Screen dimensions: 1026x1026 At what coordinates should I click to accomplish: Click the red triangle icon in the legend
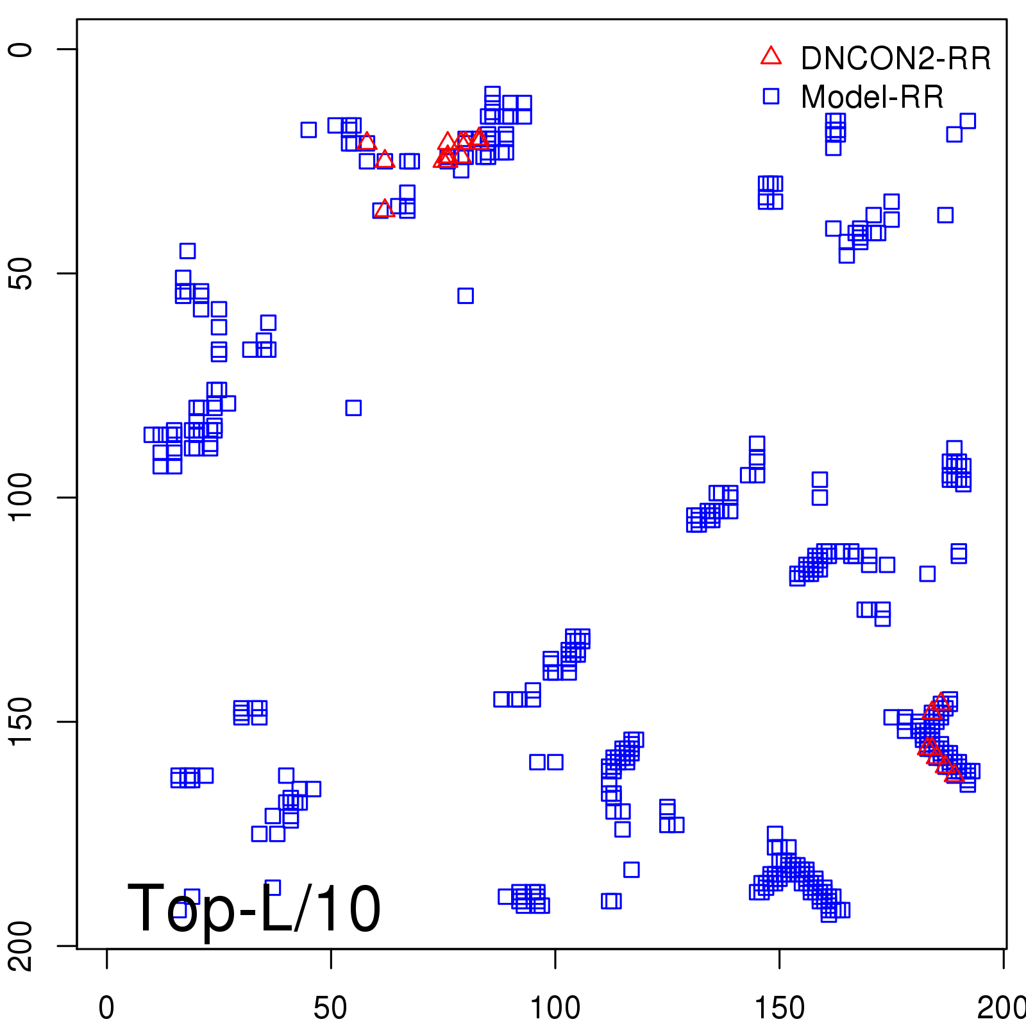(x=771, y=56)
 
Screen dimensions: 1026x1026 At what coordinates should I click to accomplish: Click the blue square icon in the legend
(x=771, y=96)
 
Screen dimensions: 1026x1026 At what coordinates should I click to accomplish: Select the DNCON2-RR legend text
(x=896, y=58)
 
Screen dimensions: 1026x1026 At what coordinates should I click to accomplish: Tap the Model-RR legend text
(x=872, y=97)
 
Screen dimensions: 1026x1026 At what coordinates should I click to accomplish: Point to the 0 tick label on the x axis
(x=106, y=1007)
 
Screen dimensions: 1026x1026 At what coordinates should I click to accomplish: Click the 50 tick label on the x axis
(x=330, y=1007)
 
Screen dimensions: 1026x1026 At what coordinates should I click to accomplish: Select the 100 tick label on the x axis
(x=555, y=1007)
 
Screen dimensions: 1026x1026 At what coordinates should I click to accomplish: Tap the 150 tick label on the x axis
(x=779, y=1007)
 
